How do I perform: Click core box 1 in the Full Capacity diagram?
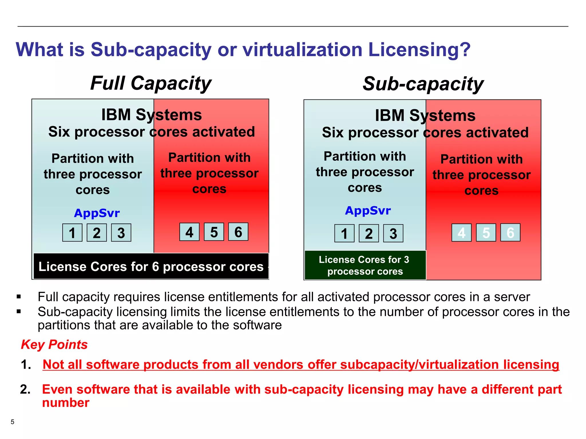click(x=72, y=233)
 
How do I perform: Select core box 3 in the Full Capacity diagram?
click(x=121, y=233)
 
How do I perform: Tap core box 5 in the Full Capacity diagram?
click(x=214, y=232)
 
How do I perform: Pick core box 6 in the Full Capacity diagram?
click(x=238, y=232)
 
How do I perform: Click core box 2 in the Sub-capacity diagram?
click(x=369, y=234)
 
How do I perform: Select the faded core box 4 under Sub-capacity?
click(x=462, y=233)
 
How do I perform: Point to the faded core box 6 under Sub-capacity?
click(x=510, y=233)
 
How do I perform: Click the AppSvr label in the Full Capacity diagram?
click(x=97, y=213)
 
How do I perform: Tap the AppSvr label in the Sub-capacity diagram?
click(x=368, y=211)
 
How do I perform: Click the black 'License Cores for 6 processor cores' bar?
click(x=151, y=266)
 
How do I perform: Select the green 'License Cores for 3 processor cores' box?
click(x=365, y=265)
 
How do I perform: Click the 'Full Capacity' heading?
click(x=151, y=83)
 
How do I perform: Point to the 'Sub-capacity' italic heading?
click(x=423, y=84)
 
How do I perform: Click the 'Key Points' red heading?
click(x=54, y=344)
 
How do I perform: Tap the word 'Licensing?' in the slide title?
click(x=419, y=49)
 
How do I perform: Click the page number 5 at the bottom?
click(x=12, y=422)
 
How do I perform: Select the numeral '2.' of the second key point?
click(x=25, y=389)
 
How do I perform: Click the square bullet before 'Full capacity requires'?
click(x=19, y=297)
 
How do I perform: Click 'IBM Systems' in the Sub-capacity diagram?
click(x=425, y=115)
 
